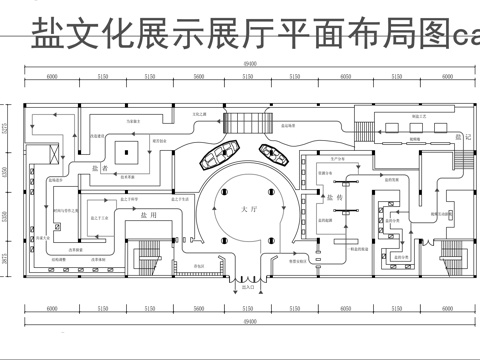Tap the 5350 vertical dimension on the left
click(x=7, y=218)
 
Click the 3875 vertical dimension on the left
click(x=7, y=259)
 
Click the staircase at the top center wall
click(x=242, y=124)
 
